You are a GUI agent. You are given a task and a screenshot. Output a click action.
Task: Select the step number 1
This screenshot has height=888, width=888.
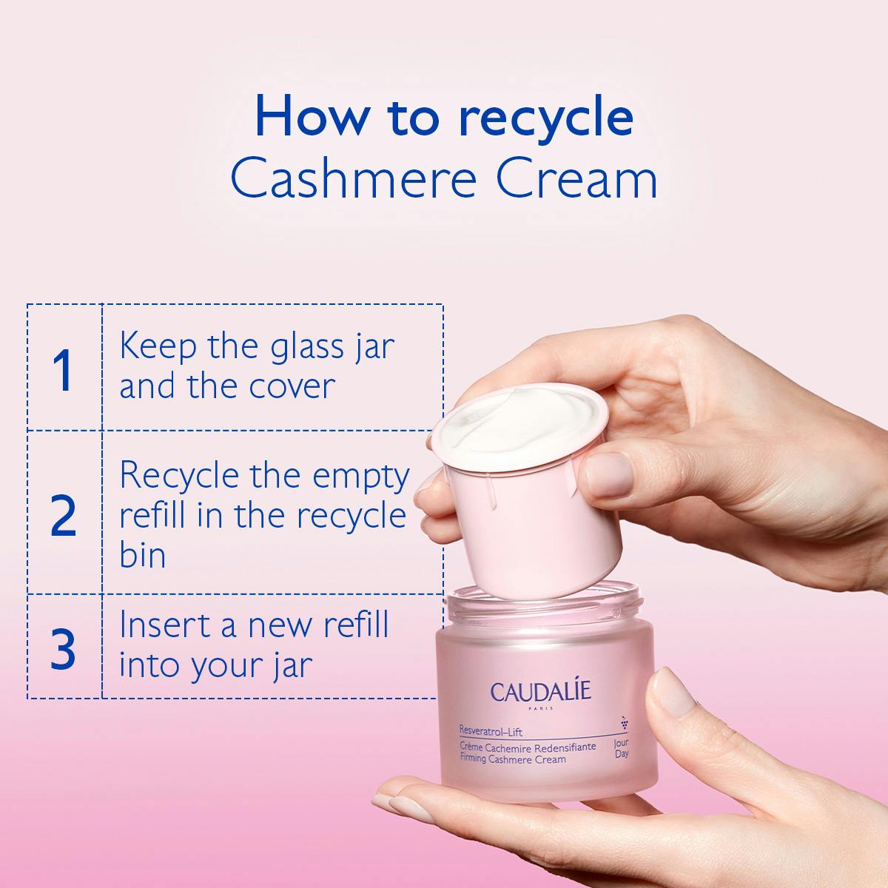pos(64,370)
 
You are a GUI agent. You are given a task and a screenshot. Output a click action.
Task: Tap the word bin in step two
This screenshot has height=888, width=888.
pos(143,554)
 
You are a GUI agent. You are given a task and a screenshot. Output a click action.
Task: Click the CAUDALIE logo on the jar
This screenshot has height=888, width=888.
pos(540,693)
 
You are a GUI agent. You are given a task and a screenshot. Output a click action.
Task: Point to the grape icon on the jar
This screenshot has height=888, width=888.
pos(623,721)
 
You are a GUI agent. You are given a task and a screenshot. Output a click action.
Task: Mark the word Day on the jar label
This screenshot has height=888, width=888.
pos(622,754)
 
